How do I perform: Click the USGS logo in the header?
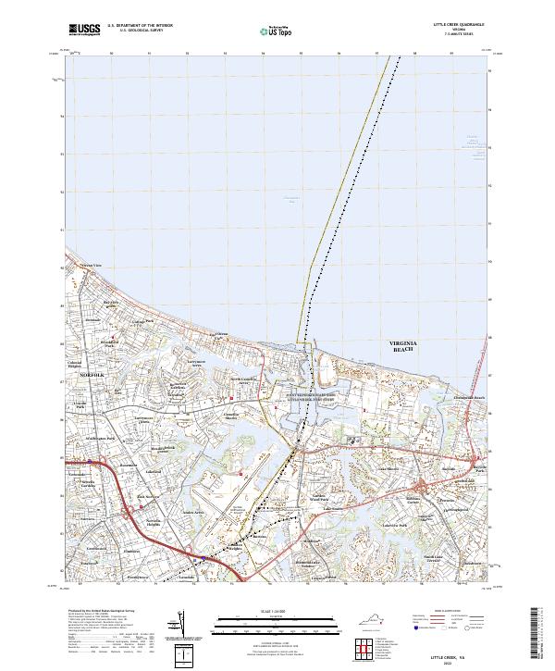83,31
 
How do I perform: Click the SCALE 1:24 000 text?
277,612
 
